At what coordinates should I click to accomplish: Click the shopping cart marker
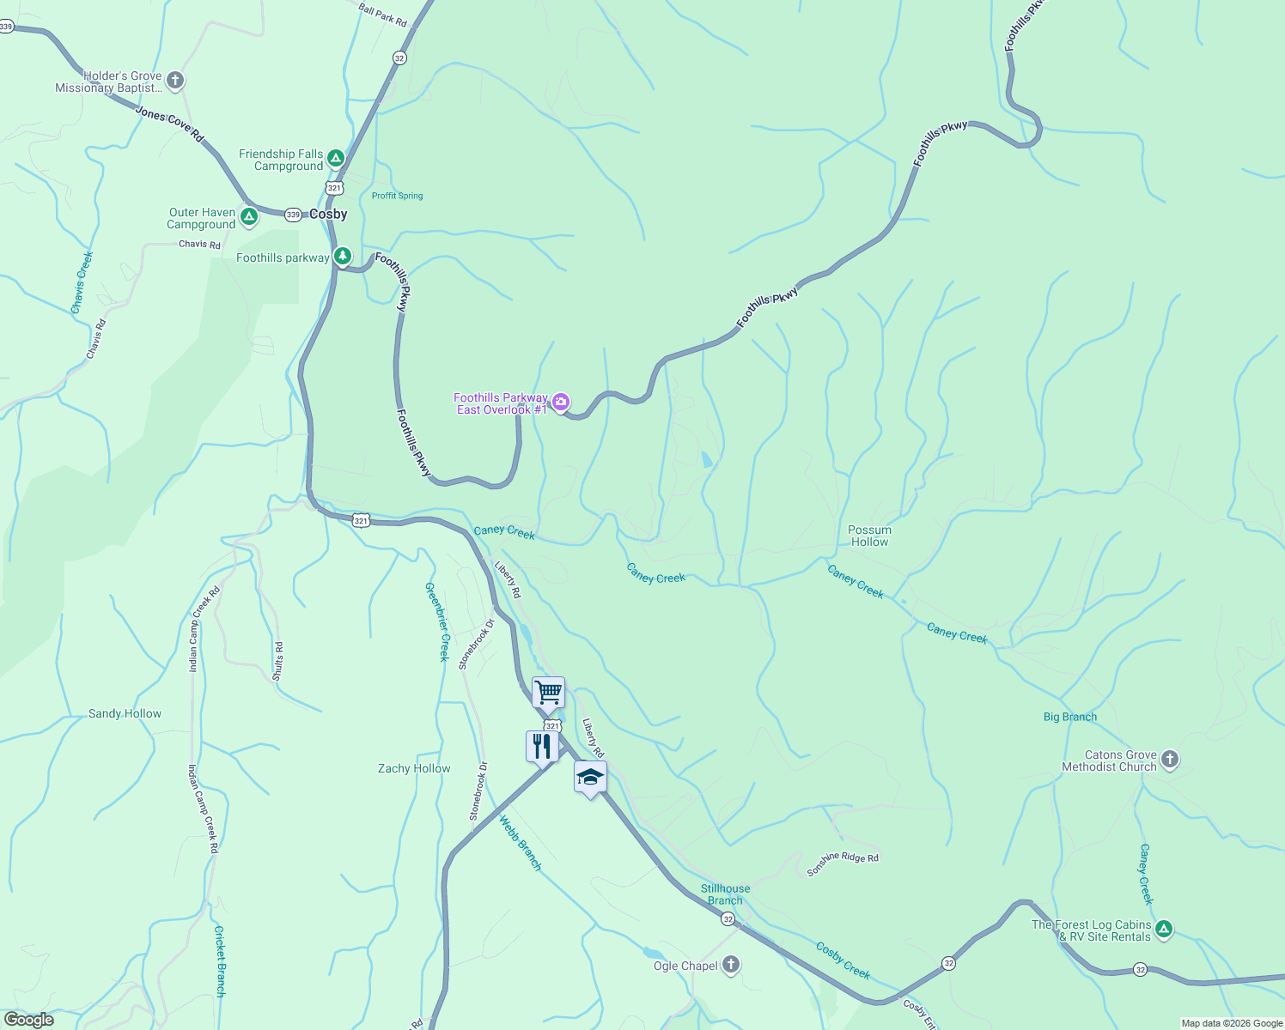pyautogui.click(x=548, y=692)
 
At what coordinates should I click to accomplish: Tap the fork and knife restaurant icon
pyautogui.click(x=541, y=745)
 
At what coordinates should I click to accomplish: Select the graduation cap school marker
pyautogui.click(x=590, y=777)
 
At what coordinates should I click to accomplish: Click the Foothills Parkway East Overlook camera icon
pyautogui.click(x=561, y=402)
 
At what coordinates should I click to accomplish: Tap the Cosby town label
pyautogui.click(x=328, y=214)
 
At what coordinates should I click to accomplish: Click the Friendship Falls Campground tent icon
pyautogui.click(x=336, y=159)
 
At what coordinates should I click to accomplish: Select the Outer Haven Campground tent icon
pyautogui.click(x=249, y=216)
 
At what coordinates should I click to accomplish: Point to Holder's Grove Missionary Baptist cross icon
pyautogui.click(x=175, y=82)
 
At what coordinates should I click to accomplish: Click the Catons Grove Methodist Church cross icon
pyautogui.click(x=1169, y=760)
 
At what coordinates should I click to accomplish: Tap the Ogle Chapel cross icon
pyautogui.click(x=731, y=965)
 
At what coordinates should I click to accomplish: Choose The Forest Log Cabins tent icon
pyautogui.click(x=1164, y=929)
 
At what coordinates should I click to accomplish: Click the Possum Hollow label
pyautogui.click(x=869, y=536)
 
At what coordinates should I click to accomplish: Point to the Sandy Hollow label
pyautogui.click(x=125, y=713)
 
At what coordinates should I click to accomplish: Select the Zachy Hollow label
pyautogui.click(x=414, y=768)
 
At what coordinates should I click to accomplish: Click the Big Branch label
pyautogui.click(x=1069, y=717)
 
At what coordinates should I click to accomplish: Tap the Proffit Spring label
pyautogui.click(x=397, y=196)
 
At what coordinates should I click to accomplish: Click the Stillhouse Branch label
pyautogui.click(x=725, y=894)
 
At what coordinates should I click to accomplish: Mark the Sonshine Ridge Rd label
pyautogui.click(x=843, y=864)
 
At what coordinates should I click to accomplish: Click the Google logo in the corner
pyautogui.click(x=28, y=1019)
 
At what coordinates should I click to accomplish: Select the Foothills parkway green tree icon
pyautogui.click(x=343, y=256)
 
